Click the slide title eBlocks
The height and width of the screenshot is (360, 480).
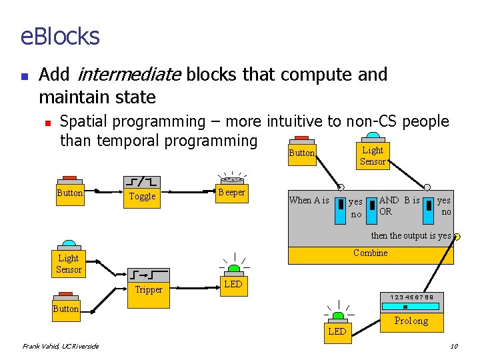(x=60, y=35)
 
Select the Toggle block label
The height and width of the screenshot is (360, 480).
(x=142, y=196)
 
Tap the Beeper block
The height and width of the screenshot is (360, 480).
(x=231, y=193)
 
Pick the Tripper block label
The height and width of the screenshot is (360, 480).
(x=148, y=289)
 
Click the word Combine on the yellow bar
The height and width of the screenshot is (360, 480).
(x=370, y=253)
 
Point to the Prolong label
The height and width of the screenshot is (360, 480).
(x=411, y=321)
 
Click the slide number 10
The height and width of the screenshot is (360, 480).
(x=454, y=346)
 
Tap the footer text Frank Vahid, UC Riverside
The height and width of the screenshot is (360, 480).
(x=61, y=346)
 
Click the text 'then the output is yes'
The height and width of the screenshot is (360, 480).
(x=411, y=236)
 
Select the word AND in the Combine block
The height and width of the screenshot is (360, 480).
(x=389, y=200)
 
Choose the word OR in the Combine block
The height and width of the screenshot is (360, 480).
(x=385, y=212)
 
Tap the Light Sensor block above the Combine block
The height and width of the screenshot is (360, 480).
(x=372, y=156)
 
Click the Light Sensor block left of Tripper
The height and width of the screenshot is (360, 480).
(x=69, y=263)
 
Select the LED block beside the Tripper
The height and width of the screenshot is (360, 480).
(x=233, y=284)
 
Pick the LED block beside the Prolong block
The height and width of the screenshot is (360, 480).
(x=337, y=331)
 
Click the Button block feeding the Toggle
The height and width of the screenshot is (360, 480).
(x=69, y=193)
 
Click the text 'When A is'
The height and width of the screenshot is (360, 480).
(x=309, y=201)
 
